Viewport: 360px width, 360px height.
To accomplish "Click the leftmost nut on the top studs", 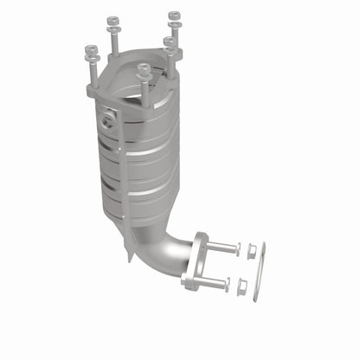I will tap(91, 49).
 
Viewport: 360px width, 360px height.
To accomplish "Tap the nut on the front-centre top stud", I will tap(145, 67).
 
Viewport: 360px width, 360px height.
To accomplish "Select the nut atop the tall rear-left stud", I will tap(112, 20).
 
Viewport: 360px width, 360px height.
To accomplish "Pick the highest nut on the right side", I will tap(175, 16).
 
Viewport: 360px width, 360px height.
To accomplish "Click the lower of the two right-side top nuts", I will tap(170, 41).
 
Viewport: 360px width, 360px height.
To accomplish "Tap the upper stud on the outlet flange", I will tap(222, 247).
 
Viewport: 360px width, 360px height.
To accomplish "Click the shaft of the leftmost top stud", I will tap(92, 73).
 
